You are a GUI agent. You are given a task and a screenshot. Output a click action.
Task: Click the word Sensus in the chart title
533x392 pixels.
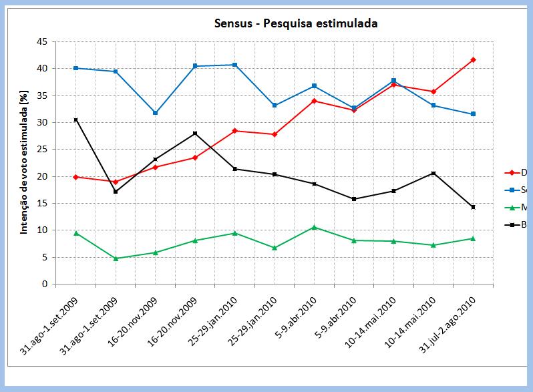232,23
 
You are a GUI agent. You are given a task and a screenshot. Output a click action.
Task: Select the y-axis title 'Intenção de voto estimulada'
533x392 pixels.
24,163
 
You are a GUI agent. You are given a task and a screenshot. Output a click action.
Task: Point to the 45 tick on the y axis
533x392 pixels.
42,41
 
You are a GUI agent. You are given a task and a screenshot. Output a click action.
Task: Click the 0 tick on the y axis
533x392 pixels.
45,284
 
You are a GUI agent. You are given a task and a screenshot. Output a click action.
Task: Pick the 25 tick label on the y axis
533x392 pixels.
42,149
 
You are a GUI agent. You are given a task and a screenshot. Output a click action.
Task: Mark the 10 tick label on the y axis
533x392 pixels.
42,230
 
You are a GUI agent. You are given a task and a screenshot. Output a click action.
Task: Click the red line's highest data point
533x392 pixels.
473,60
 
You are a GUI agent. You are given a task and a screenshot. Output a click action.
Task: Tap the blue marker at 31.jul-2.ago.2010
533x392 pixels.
473,114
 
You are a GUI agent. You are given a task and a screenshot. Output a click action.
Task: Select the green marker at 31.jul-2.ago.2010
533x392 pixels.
473,238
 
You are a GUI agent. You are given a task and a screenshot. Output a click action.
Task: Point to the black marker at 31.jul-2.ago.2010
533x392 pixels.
473,207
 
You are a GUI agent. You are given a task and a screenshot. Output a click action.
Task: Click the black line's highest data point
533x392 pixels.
76,120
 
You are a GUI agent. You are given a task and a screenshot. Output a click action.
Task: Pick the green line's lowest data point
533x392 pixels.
116,258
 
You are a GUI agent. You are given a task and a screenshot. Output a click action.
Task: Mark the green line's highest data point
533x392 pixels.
314,227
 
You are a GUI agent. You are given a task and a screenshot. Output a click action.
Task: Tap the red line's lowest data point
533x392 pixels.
116,182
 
